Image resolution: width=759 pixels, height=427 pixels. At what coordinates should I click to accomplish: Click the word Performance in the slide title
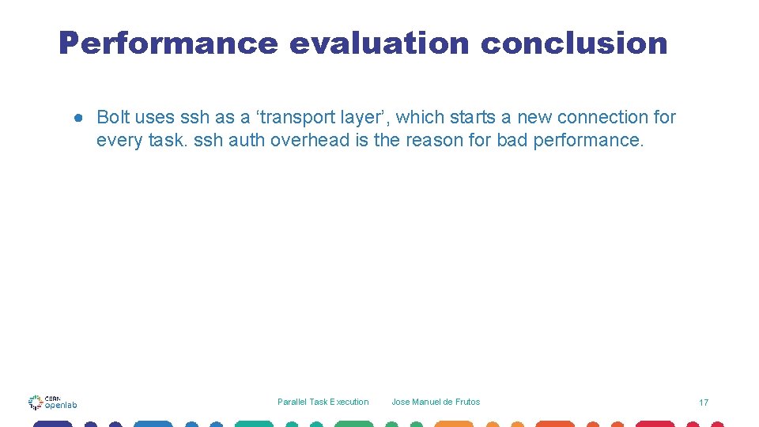pyautogui.click(x=168, y=43)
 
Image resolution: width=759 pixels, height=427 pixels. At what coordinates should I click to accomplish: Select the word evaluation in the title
pyautogui.click(x=379, y=43)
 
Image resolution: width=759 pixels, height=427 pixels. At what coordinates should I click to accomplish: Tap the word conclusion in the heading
pyautogui.click(x=574, y=43)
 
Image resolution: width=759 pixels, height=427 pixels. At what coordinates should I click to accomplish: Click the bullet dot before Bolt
pyautogui.click(x=80, y=118)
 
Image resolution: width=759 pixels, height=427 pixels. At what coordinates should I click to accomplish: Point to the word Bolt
pyautogui.click(x=112, y=118)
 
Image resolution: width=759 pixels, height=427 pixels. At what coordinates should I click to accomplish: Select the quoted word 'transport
pyautogui.click(x=286, y=118)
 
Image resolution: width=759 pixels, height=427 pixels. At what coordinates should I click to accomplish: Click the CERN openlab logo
pyautogui.click(x=52, y=402)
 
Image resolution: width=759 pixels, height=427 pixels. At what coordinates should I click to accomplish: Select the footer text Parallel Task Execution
pyautogui.click(x=323, y=402)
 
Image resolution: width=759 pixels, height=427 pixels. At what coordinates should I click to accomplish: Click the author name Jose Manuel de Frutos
pyautogui.click(x=436, y=402)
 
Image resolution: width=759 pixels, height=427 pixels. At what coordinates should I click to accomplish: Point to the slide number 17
pyautogui.click(x=704, y=402)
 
